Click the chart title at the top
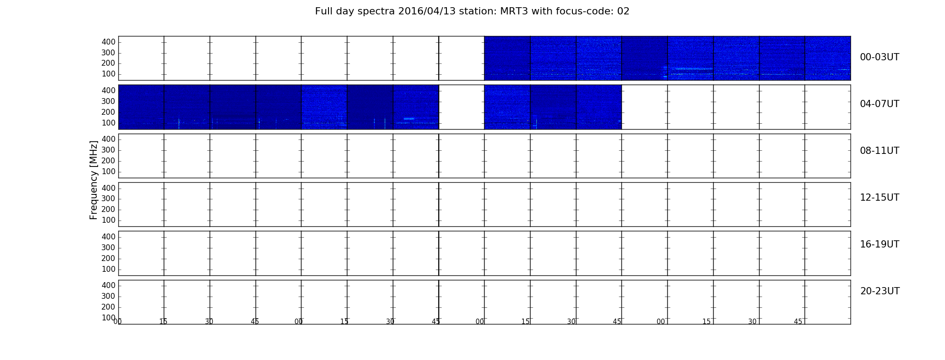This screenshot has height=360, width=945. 472,11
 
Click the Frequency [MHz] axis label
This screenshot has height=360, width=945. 94,180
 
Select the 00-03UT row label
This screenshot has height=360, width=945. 879,57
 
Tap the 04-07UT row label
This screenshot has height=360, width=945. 879,104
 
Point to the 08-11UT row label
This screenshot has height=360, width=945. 879,151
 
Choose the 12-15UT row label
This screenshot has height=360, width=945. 879,198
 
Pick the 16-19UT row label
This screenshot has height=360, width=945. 879,244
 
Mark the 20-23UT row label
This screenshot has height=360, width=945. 880,291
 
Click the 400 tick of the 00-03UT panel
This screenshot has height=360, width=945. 108,42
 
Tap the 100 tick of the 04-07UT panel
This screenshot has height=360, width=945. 108,123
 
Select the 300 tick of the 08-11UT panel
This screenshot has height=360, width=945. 108,150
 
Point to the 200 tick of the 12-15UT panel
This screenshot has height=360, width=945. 108,209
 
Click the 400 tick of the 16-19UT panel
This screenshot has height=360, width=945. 108,237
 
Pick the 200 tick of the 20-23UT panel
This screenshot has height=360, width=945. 108,307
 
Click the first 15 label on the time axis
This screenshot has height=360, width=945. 163,322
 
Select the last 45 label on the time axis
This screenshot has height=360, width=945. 798,322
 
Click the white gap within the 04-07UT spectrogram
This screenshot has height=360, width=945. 462,107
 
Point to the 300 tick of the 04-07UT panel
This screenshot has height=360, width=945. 108,101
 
